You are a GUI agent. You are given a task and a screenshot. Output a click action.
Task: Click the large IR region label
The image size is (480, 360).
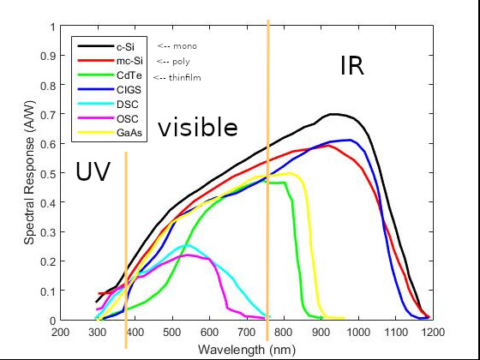352,66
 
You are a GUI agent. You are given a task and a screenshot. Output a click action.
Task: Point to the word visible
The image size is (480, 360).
197,129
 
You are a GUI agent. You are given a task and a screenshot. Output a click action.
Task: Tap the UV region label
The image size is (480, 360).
93,171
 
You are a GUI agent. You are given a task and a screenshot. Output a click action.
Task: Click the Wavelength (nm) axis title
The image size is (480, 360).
245,349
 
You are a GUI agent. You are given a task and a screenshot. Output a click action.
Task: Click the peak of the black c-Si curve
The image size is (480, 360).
334,114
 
